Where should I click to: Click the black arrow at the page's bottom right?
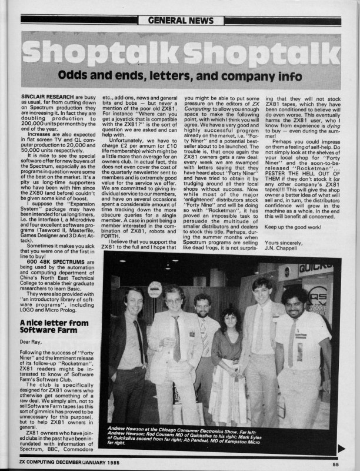click(342, 448)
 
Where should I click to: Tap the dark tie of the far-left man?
click(139, 341)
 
